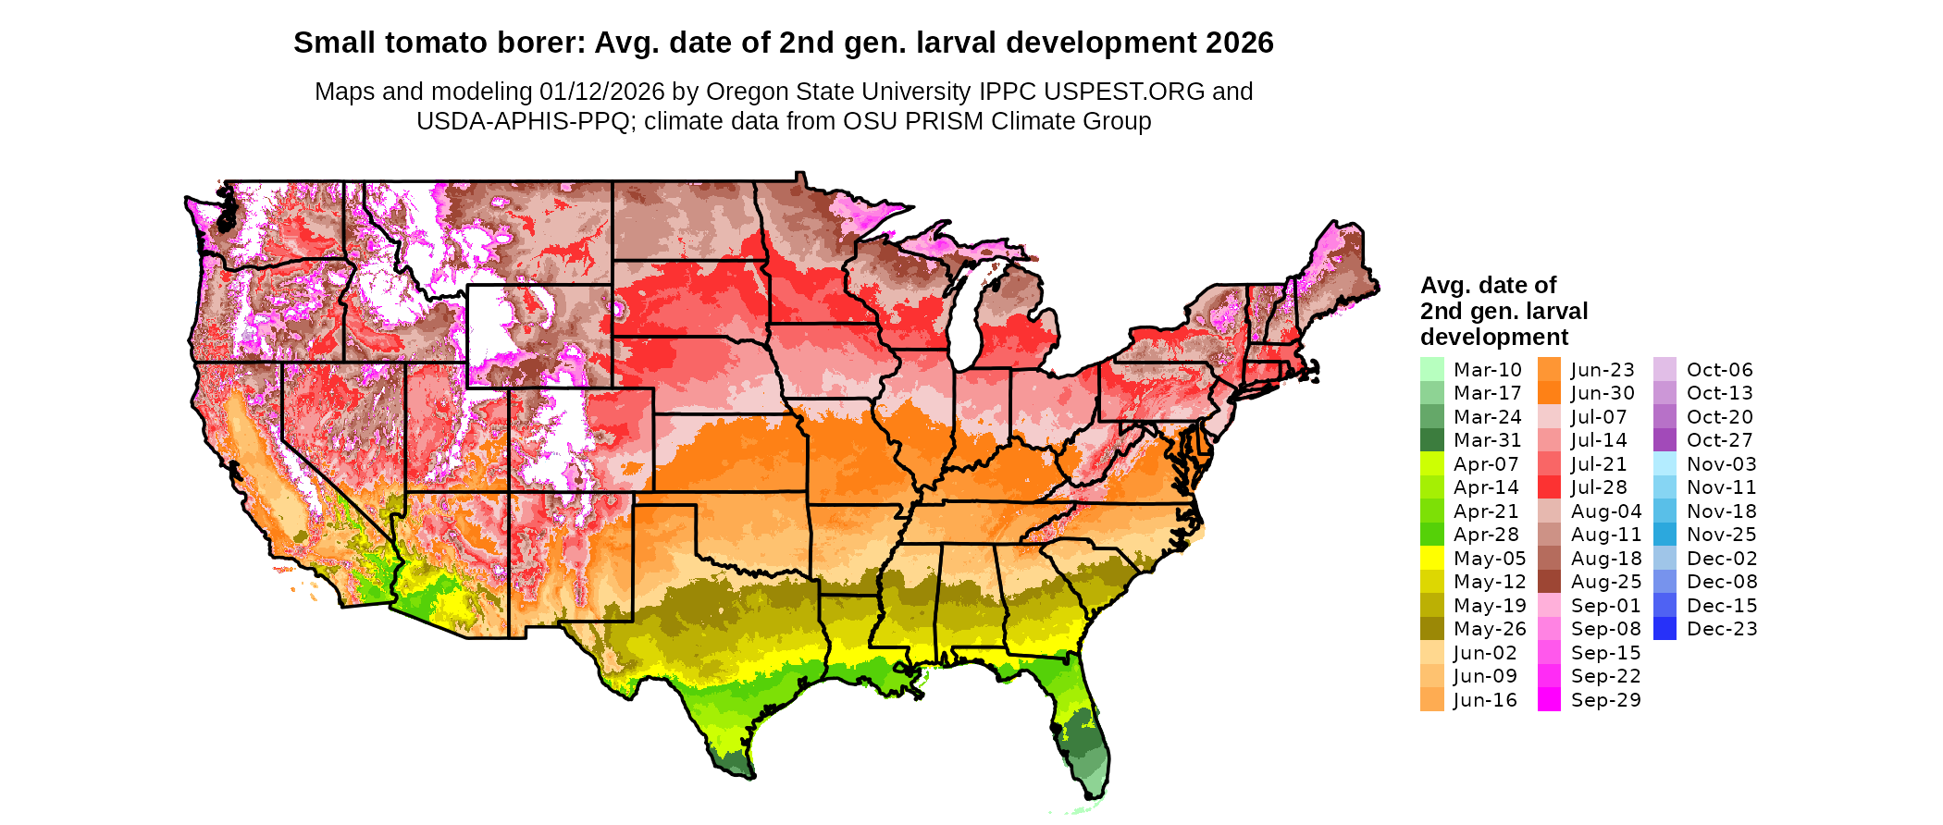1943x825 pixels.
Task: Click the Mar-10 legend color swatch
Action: pyautogui.click(x=1431, y=369)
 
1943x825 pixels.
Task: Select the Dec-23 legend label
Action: pyautogui.click(x=1721, y=629)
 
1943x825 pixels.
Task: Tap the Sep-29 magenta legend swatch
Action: pyautogui.click(x=1549, y=700)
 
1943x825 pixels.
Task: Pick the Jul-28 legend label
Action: pyautogui.click(x=1599, y=487)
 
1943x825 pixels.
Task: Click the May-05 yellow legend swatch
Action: pyautogui.click(x=1431, y=558)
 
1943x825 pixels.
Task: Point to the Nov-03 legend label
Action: pyautogui.click(x=1721, y=464)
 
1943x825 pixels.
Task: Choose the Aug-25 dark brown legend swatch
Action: pyautogui.click(x=1549, y=582)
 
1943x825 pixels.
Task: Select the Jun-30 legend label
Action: pyautogui.click(x=1603, y=393)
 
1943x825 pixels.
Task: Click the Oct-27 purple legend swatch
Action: pyautogui.click(x=1665, y=440)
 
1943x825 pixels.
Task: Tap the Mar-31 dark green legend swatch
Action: pyautogui.click(x=1431, y=440)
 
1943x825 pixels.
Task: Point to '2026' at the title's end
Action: pyautogui.click(x=1239, y=43)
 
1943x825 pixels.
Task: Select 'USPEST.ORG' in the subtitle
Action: pyautogui.click(x=1124, y=92)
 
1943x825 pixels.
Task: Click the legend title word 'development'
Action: pyautogui.click(x=1494, y=337)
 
